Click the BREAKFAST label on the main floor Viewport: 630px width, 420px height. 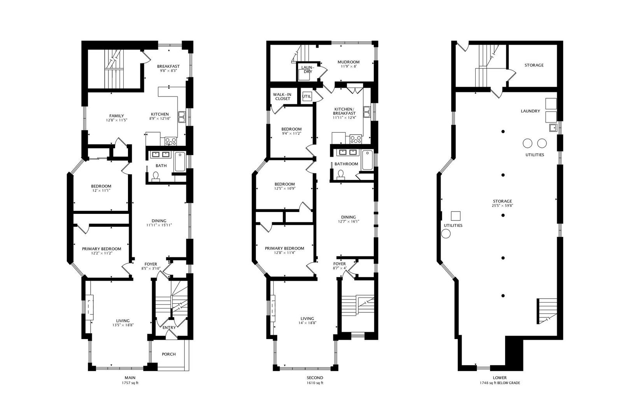click(168, 66)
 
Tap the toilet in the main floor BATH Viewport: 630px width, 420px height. click(156, 176)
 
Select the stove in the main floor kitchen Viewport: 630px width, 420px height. click(171, 141)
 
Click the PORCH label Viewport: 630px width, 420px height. click(169, 354)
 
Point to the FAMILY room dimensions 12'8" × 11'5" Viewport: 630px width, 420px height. click(116, 120)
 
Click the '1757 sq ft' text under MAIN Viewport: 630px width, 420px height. click(130, 383)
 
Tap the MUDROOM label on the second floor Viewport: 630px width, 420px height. click(348, 62)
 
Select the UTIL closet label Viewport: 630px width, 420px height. click(306, 96)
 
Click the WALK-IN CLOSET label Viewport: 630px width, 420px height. click(282, 96)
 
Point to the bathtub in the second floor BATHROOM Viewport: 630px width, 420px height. click(367, 160)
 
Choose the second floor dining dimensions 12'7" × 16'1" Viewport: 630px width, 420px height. click(348, 221)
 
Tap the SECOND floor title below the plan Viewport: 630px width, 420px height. click(315, 378)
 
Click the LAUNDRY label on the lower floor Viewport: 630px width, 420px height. click(530, 111)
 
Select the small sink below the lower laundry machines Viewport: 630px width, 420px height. click(553, 128)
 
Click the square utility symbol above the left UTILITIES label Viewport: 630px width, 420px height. click(456, 216)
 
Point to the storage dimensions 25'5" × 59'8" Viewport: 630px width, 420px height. click(502, 206)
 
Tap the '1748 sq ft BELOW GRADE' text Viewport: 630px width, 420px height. click(500, 383)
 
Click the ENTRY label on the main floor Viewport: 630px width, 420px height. click(169, 327)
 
